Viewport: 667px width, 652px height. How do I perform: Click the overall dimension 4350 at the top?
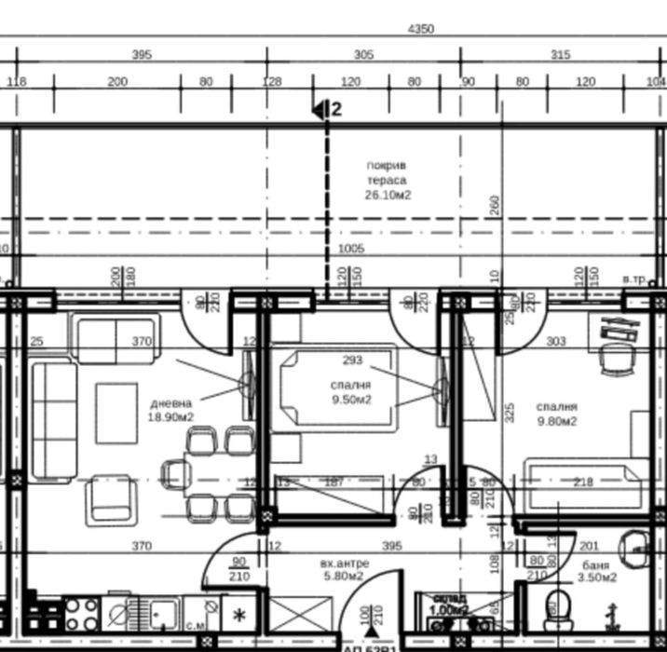(421, 29)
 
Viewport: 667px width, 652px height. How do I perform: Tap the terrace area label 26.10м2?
(388, 196)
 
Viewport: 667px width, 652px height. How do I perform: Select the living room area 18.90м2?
(171, 417)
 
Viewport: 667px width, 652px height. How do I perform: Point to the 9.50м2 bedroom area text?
(350, 400)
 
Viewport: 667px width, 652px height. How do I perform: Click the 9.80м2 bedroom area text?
(556, 421)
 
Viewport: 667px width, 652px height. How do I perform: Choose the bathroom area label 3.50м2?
(596, 577)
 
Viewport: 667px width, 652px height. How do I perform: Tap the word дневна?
(171, 403)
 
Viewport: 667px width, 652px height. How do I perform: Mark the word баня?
(596, 564)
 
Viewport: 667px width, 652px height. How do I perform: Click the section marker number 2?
(336, 110)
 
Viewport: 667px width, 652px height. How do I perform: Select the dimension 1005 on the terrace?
(351, 249)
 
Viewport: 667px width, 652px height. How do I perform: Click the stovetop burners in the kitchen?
(81, 615)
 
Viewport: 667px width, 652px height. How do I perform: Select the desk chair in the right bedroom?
(614, 358)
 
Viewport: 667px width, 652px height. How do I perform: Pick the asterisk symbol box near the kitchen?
(239, 616)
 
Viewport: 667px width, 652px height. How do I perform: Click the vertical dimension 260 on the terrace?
(495, 205)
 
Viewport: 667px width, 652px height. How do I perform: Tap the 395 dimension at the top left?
(141, 55)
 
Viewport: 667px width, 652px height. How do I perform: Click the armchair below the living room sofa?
(112, 498)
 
